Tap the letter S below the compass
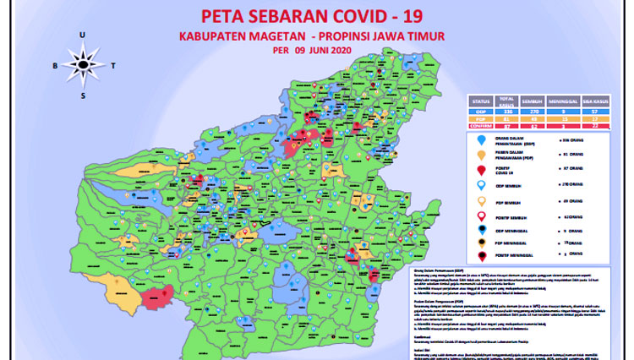(83, 95)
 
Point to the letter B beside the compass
(54, 64)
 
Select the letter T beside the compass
(112, 64)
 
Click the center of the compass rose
(83, 64)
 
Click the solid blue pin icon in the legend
(481, 139)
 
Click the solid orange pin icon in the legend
(481, 155)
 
